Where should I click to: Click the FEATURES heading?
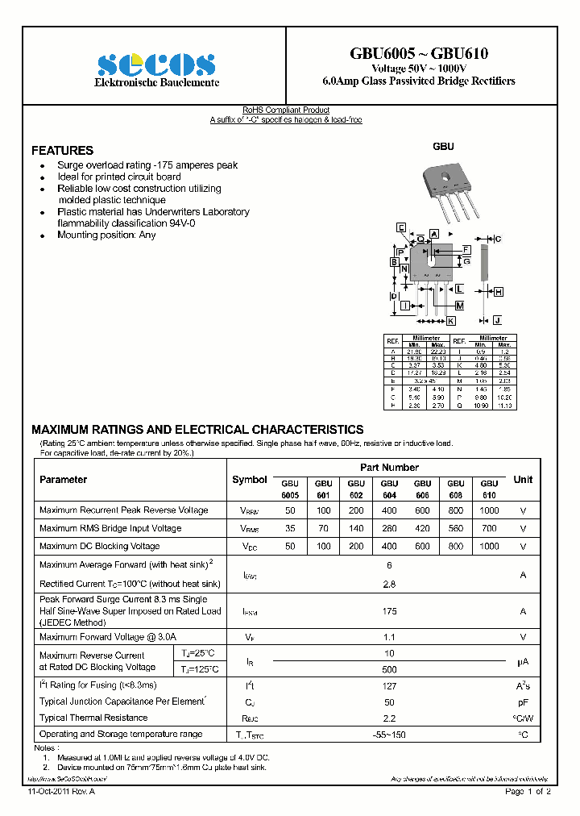(x=62, y=151)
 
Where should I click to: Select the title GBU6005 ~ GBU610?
(x=418, y=54)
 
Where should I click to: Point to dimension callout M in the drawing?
(x=459, y=306)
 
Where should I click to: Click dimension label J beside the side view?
(x=497, y=320)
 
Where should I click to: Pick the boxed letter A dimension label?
(x=433, y=234)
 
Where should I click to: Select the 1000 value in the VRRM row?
(x=488, y=510)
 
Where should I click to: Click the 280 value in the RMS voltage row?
(x=389, y=529)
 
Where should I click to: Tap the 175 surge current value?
(x=389, y=611)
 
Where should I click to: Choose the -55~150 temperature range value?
(x=389, y=735)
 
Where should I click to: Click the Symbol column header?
(x=249, y=480)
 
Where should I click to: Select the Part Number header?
(x=389, y=468)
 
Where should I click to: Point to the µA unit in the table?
(x=523, y=662)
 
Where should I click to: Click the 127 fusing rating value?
(x=389, y=685)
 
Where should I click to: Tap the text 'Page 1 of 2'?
(x=528, y=792)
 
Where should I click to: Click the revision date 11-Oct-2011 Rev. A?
(x=61, y=792)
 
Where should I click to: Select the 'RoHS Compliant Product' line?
(x=286, y=110)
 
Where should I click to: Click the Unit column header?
(x=523, y=480)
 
